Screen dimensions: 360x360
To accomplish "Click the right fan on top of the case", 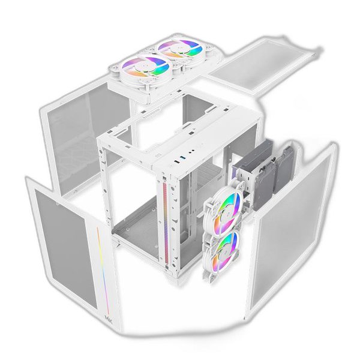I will tap(178, 52).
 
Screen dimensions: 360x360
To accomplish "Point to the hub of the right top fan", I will tap(178, 52).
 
